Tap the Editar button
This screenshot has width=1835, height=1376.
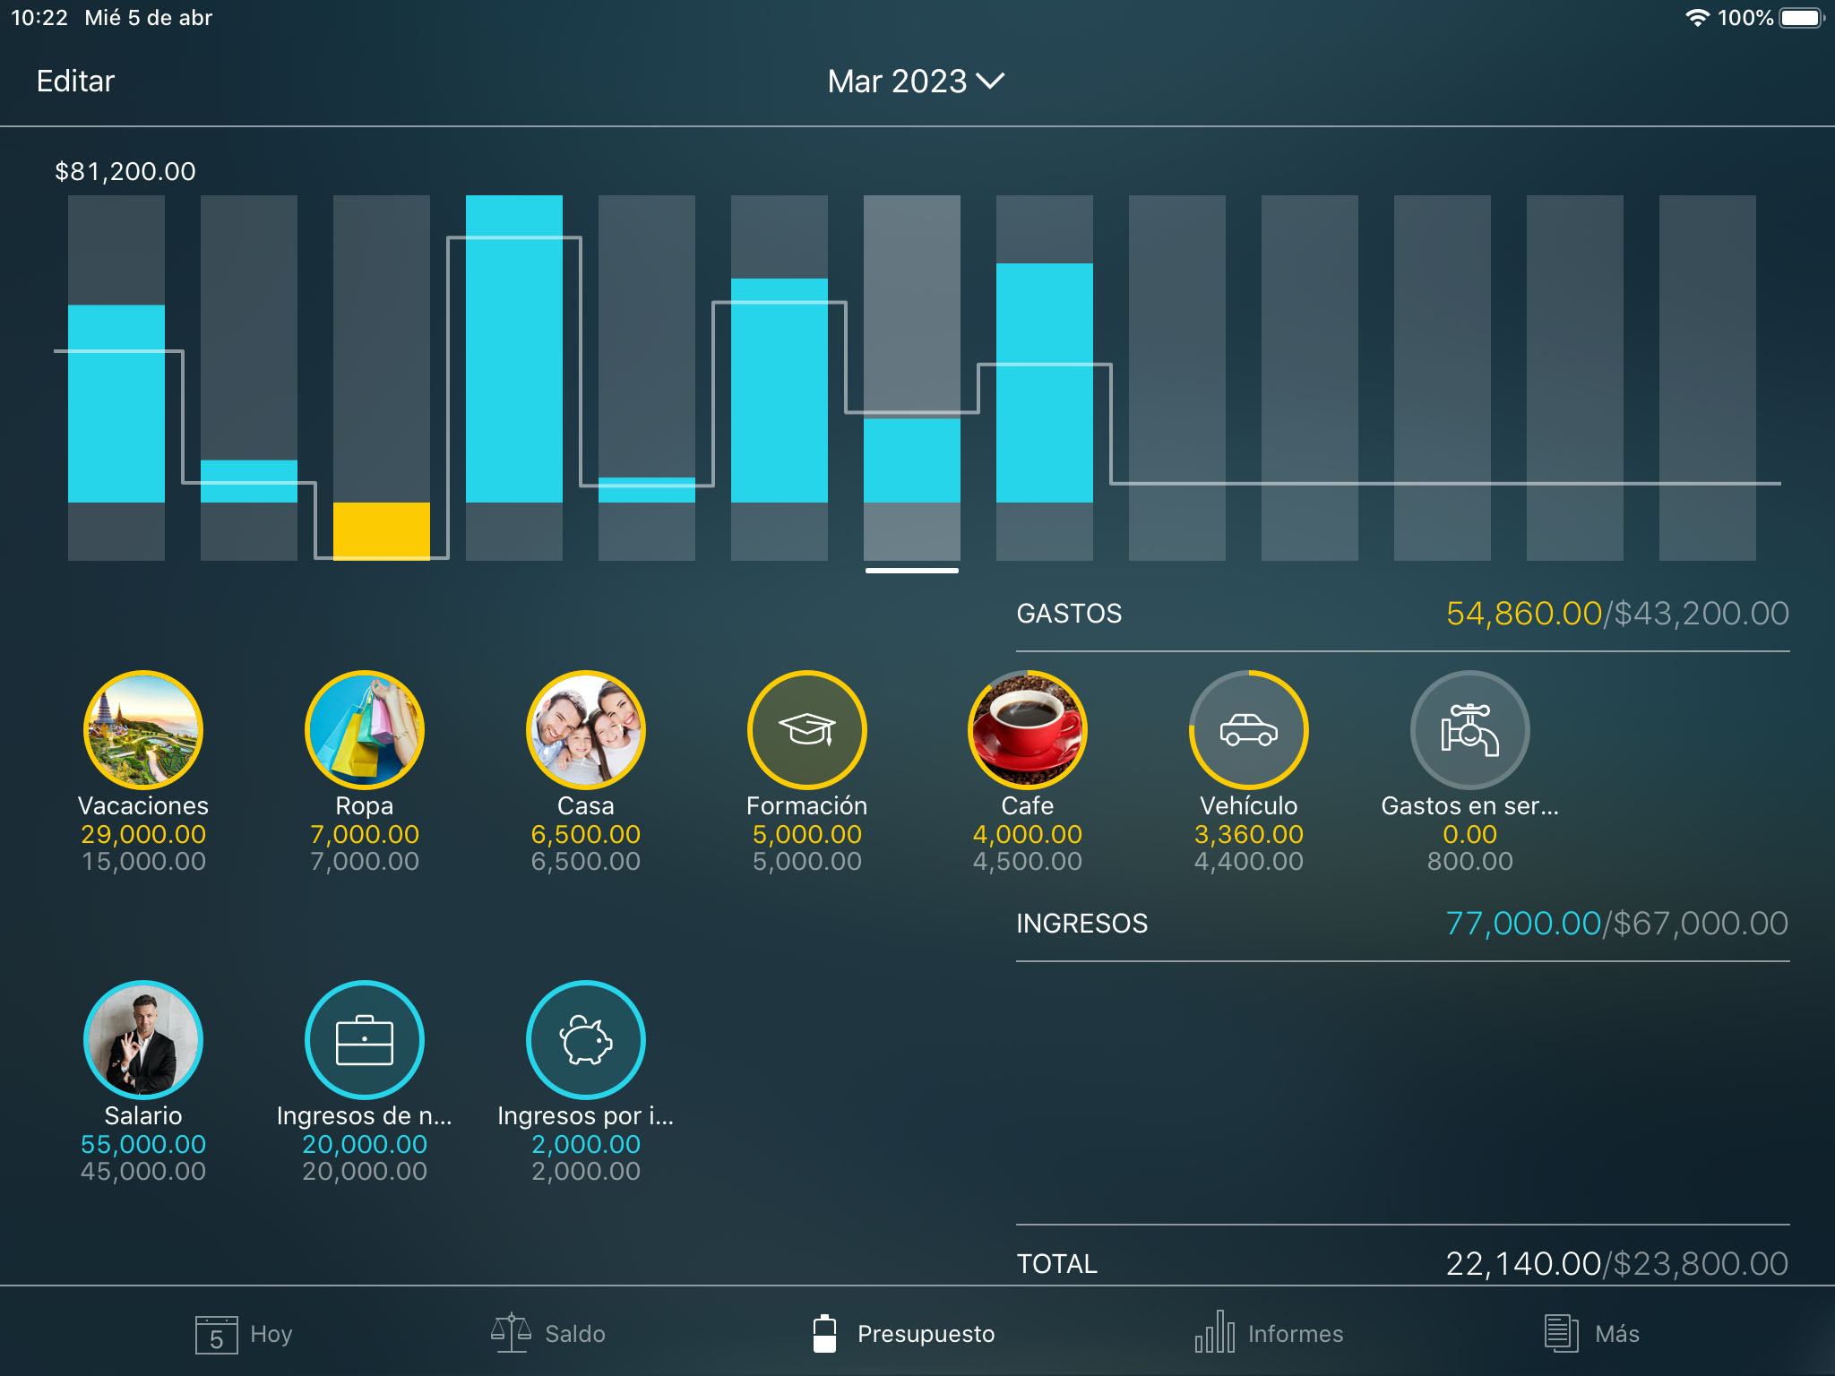(x=75, y=82)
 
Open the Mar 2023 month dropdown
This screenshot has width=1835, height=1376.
(x=915, y=82)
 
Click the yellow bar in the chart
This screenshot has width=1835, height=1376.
(x=381, y=530)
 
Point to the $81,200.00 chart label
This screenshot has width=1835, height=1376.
(x=125, y=171)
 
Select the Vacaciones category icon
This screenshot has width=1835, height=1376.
(x=143, y=730)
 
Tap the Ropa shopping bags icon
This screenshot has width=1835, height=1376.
(x=364, y=730)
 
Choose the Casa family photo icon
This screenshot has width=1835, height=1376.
(x=585, y=730)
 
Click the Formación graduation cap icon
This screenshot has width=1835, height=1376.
(x=806, y=730)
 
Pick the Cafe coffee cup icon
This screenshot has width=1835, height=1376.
(x=1027, y=730)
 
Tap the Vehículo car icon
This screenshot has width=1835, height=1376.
(x=1248, y=730)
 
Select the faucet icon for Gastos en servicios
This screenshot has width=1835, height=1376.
(x=1469, y=730)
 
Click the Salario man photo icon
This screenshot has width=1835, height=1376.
(x=143, y=1040)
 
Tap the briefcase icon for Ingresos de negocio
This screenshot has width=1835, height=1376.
(x=364, y=1040)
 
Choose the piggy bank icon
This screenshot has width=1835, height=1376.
(x=585, y=1040)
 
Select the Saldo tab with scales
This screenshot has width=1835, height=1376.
(x=548, y=1334)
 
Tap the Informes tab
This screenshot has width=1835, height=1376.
(x=1269, y=1334)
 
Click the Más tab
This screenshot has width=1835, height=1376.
(x=1591, y=1334)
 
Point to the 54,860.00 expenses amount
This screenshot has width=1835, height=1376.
(x=1523, y=614)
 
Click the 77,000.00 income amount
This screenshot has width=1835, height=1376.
(x=1522, y=924)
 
